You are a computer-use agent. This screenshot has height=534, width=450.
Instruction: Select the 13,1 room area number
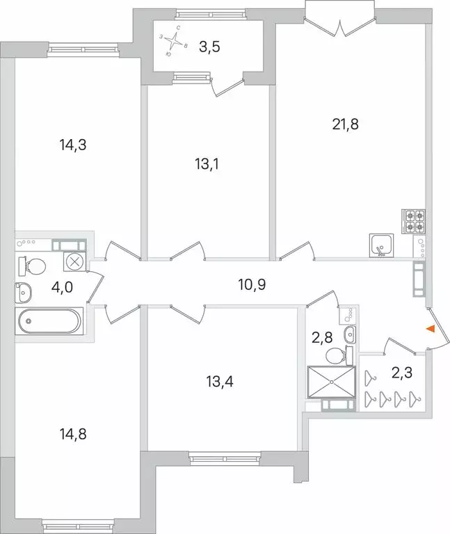207,165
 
